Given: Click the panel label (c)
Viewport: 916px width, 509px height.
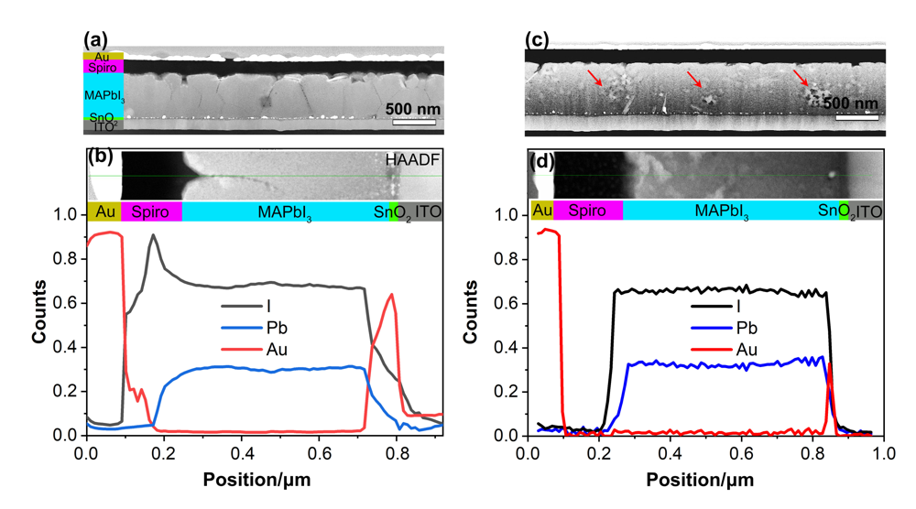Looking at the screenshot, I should tap(537, 39).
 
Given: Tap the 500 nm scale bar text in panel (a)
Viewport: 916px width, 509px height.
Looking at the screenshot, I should tap(411, 111).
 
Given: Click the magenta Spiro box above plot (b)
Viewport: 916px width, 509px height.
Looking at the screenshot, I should tap(151, 212).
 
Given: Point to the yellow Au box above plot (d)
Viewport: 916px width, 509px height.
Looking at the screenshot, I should tap(541, 211).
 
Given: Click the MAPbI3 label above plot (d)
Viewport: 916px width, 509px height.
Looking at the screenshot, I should tap(723, 212).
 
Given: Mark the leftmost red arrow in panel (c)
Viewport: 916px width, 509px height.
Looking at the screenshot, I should tap(595, 80).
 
